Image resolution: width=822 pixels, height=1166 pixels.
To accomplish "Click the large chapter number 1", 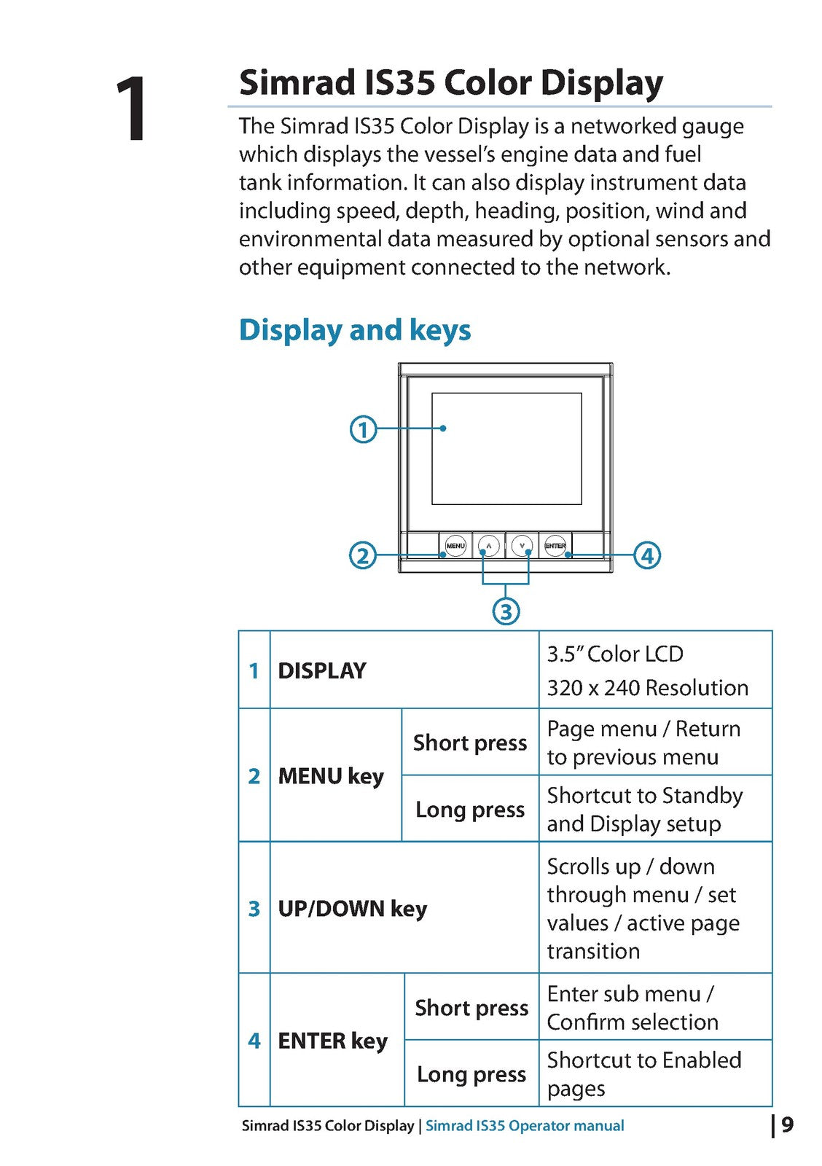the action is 130,109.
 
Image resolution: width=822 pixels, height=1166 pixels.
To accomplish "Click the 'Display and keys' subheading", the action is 354,331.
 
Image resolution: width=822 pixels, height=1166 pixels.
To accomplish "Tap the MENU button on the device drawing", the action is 455,546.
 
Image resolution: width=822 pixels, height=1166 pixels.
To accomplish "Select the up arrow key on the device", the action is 488,546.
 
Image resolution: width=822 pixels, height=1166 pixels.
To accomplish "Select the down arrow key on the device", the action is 522,546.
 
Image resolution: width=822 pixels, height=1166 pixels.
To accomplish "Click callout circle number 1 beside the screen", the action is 363,429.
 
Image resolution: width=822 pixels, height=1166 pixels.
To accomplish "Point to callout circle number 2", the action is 362,555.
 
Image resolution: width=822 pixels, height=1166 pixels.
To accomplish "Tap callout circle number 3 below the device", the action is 506,611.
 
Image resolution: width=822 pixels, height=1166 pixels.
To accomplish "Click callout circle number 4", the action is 647,555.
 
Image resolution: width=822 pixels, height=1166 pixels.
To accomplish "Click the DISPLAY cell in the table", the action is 322,670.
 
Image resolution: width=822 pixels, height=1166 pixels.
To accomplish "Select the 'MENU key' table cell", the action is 331,776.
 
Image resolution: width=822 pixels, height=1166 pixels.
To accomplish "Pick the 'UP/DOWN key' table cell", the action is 353,908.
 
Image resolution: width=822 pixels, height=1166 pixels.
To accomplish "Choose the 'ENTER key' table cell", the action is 333,1041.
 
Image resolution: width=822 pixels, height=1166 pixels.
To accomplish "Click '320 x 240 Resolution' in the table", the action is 648,688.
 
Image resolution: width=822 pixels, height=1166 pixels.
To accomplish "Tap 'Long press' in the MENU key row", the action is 470,810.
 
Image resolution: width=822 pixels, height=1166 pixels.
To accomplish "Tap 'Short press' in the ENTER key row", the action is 471,1009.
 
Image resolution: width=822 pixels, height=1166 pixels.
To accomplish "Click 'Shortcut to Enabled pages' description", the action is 644,1074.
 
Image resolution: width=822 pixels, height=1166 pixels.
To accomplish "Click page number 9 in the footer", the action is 788,1125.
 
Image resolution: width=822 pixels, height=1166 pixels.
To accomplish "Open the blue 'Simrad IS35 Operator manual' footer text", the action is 525,1125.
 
